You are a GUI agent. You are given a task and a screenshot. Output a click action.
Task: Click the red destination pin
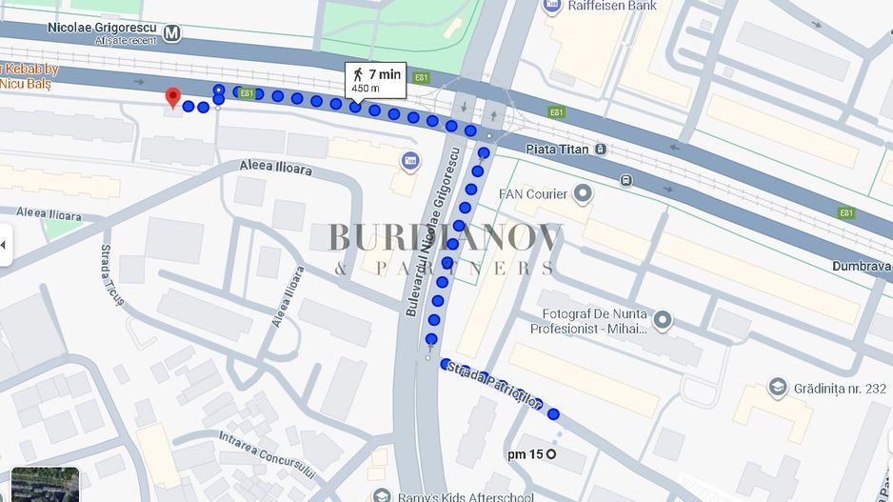(172, 97)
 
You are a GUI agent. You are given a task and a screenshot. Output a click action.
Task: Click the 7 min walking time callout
(375, 80)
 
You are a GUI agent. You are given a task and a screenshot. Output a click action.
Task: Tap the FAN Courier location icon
(582, 194)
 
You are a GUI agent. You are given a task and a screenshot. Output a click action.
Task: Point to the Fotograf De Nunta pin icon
(663, 320)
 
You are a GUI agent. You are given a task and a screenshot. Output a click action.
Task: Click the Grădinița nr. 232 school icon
(778, 388)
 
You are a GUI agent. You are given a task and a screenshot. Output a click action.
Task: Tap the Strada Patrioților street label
(494, 385)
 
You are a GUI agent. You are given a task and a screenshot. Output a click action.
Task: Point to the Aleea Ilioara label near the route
(277, 168)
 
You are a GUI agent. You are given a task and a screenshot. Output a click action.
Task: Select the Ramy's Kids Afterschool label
(452, 495)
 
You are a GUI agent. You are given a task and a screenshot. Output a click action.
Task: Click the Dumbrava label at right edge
(861, 267)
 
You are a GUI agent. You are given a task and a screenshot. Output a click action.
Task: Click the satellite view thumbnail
(45, 485)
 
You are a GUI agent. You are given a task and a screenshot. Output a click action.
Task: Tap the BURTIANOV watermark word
(446, 237)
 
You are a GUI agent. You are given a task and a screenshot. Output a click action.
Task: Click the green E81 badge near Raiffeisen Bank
(557, 112)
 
